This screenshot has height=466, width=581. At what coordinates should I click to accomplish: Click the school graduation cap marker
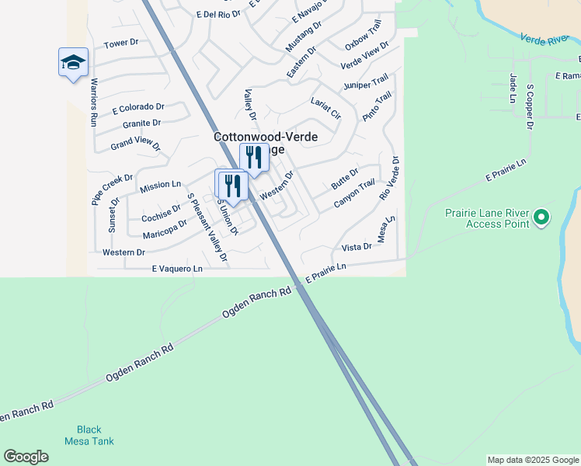pyautogui.click(x=73, y=62)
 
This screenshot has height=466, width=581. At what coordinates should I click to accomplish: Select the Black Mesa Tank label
pyautogui.click(x=95, y=435)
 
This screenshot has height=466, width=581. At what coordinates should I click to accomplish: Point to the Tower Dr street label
pyautogui.click(x=120, y=43)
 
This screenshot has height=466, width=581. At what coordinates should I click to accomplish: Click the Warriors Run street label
pyautogui.click(x=92, y=102)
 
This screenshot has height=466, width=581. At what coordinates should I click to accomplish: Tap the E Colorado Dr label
pyautogui.click(x=138, y=108)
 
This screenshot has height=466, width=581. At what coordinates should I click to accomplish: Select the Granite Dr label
pyautogui.click(x=141, y=123)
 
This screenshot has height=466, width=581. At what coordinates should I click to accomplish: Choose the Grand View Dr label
pyautogui.click(x=135, y=144)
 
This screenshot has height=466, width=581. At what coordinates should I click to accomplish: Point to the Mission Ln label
pyautogui.click(x=160, y=186)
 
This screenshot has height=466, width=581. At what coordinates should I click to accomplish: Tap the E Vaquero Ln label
pyautogui.click(x=176, y=269)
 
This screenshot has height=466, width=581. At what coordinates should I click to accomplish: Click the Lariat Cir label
pyautogui.click(x=326, y=108)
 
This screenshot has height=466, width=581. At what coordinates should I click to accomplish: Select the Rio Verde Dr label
pyautogui.click(x=390, y=178)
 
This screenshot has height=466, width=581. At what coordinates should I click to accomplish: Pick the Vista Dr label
pyautogui.click(x=357, y=247)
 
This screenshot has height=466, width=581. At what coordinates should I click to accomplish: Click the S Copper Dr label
pyautogui.click(x=531, y=107)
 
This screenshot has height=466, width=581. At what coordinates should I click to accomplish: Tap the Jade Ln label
pyautogui.click(x=513, y=88)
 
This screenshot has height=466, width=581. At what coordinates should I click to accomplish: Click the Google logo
pyautogui.click(x=26, y=457)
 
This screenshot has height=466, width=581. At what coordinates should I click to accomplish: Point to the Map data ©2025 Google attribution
pyautogui.click(x=532, y=460)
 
